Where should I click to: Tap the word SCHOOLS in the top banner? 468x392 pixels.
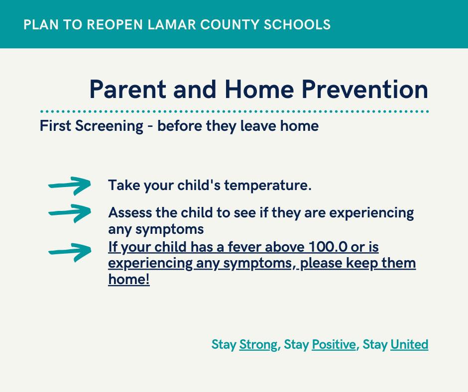[x=297, y=24]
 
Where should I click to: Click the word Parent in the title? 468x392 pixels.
[x=128, y=89]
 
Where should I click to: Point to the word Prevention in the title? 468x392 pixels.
[x=365, y=89]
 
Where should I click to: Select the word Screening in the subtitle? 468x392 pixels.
[x=109, y=126]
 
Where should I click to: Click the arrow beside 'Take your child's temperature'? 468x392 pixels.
[x=70, y=186]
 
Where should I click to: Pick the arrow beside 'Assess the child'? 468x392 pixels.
[x=70, y=213]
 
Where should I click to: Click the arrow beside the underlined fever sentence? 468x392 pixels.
[x=70, y=252]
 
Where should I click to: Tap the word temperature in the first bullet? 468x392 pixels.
[x=268, y=186]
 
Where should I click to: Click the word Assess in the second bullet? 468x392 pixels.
[x=130, y=213]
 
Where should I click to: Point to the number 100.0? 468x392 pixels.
[x=328, y=247]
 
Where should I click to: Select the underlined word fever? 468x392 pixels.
[x=244, y=247]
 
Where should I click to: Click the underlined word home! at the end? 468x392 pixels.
[x=129, y=280]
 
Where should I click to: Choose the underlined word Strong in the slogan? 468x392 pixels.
[x=258, y=345]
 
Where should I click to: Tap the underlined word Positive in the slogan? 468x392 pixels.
[x=334, y=345]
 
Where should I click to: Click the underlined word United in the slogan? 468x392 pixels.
[x=409, y=345]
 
